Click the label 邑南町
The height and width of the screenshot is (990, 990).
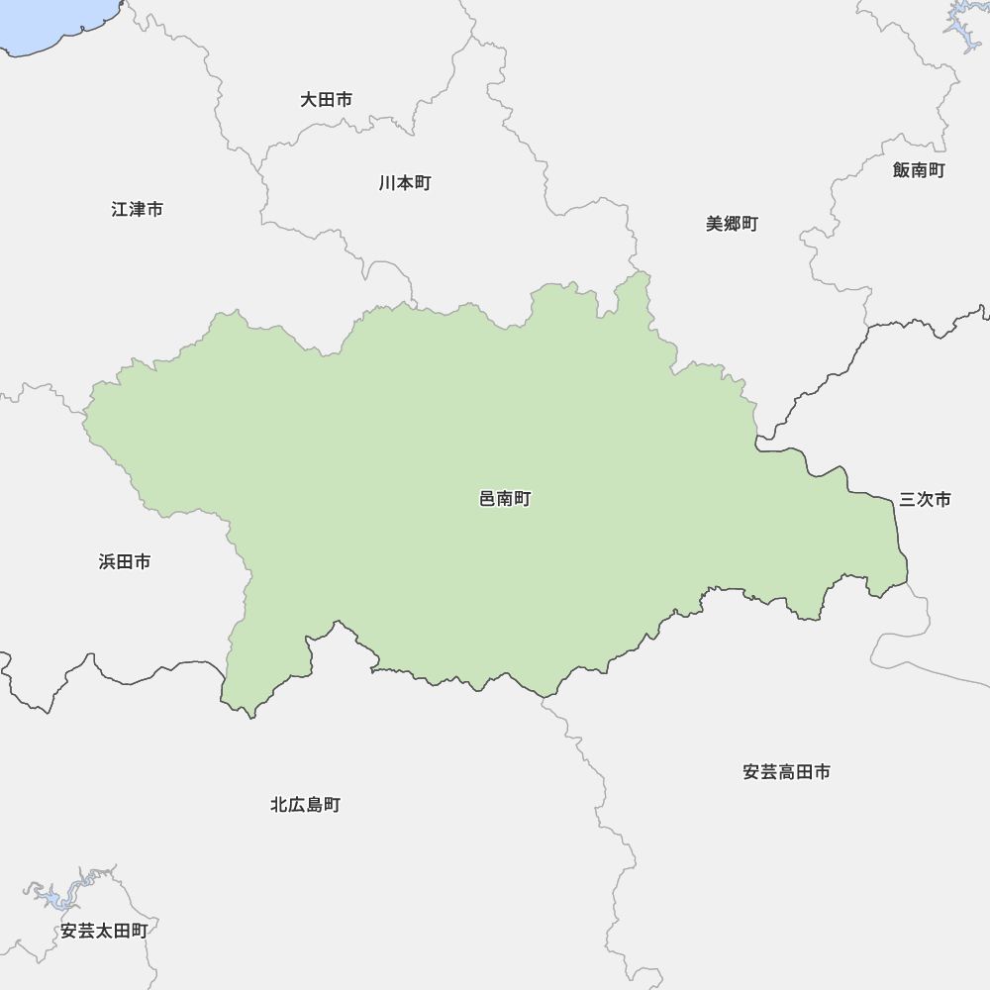tap(505, 500)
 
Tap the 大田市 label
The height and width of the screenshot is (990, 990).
tap(326, 100)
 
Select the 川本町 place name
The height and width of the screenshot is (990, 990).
tap(404, 183)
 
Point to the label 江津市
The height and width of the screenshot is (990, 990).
tap(137, 210)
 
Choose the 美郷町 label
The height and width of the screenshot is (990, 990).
tap(732, 224)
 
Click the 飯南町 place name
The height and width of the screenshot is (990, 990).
tap(918, 170)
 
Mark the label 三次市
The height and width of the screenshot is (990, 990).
tap(925, 500)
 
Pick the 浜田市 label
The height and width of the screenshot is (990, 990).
tap(125, 562)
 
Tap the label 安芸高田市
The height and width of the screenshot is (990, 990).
tap(786, 772)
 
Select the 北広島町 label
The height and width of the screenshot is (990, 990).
tap(305, 806)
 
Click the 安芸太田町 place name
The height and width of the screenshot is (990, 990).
tap(104, 932)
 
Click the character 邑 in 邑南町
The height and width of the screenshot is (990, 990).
tap(487, 500)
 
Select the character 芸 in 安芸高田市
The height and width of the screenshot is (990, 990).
tap(769, 772)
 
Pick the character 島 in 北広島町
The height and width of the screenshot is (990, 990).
tap(314, 806)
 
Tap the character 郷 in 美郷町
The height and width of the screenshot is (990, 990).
tap(732, 224)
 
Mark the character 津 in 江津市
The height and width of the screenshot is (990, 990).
tap(137, 210)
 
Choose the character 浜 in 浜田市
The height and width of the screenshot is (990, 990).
tap(107, 562)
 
